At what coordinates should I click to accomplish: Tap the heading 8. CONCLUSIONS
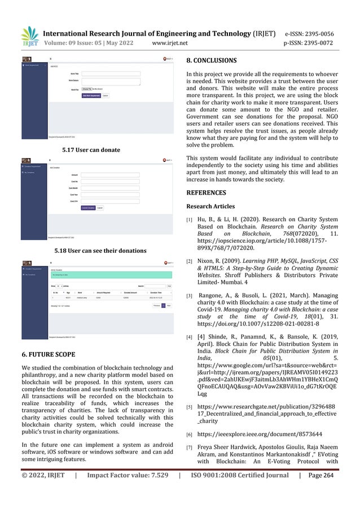[x=212, y=59]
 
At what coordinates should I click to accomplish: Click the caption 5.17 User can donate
[x=92, y=150]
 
